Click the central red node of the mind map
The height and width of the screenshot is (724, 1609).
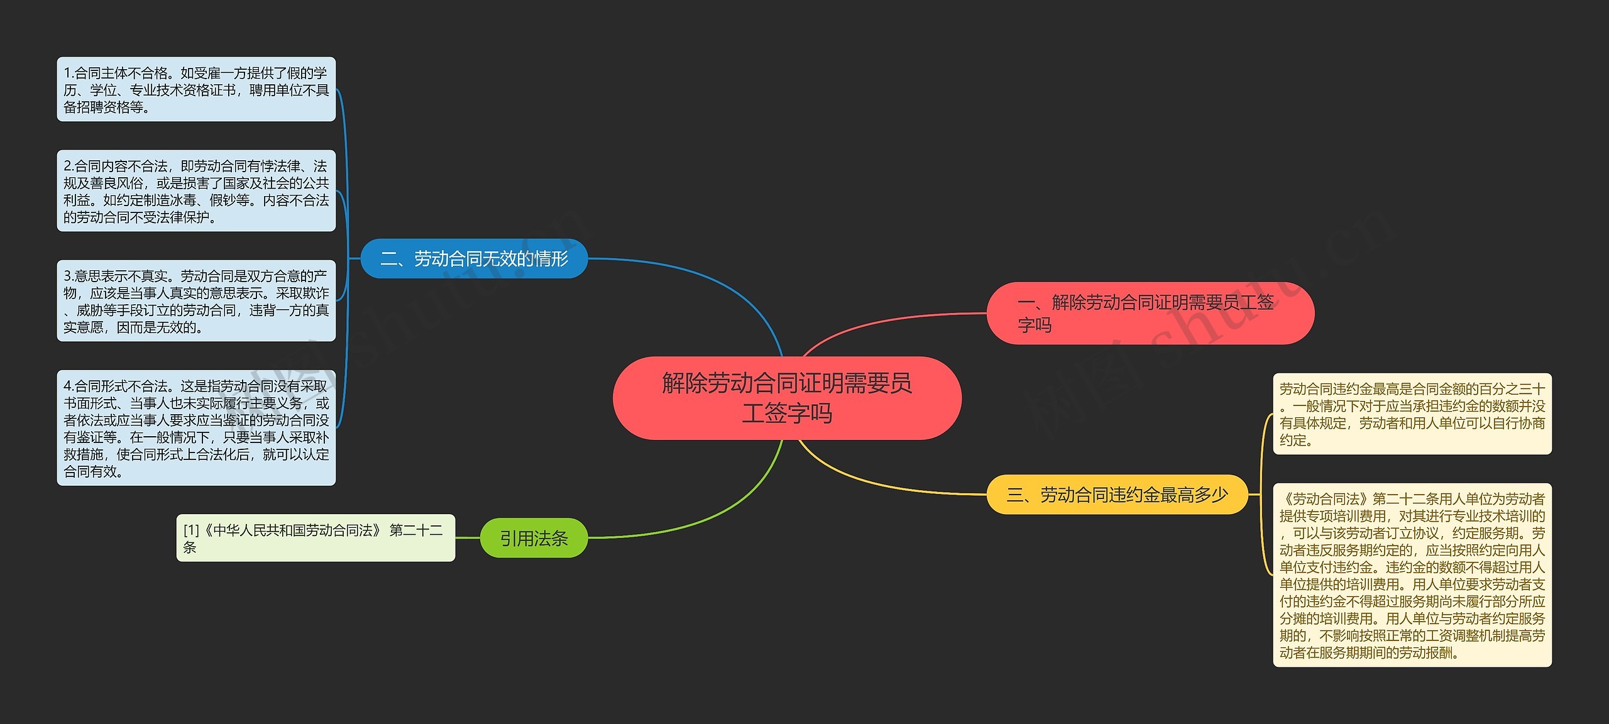point(787,398)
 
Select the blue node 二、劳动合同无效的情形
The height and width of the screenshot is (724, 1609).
point(474,258)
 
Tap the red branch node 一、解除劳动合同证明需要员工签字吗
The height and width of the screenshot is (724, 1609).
point(1150,313)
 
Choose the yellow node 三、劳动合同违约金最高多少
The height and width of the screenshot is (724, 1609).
point(1117,495)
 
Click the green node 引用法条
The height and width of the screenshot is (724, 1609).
point(534,538)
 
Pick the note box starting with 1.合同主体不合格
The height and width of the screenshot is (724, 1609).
point(196,89)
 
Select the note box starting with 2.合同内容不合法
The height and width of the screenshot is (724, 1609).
point(196,190)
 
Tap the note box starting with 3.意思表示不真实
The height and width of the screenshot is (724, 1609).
point(196,301)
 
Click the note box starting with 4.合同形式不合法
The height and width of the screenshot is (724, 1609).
point(196,428)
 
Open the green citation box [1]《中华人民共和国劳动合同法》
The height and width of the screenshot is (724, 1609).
point(316,538)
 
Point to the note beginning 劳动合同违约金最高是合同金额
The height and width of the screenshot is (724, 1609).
point(1412,414)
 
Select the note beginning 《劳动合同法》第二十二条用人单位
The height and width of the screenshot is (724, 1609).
point(1412,575)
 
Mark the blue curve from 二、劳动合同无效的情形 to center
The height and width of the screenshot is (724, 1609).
point(723,283)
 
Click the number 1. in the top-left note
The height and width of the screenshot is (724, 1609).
point(69,74)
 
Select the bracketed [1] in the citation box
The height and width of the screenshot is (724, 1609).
point(191,530)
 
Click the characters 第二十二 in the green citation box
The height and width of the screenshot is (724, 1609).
point(416,530)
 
